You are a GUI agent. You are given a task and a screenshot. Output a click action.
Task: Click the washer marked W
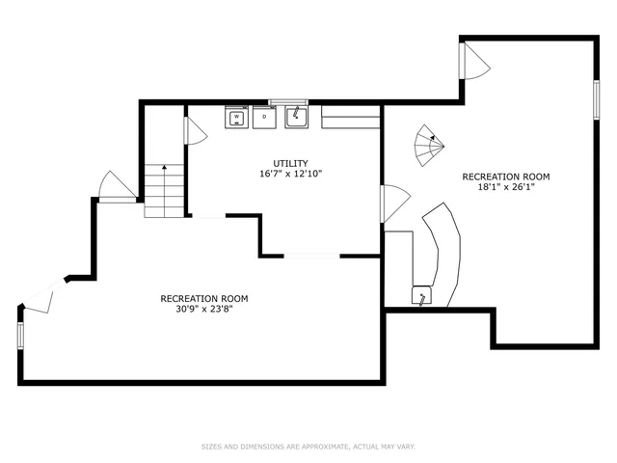click(236, 118)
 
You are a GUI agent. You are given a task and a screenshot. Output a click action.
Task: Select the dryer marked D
click(263, 118)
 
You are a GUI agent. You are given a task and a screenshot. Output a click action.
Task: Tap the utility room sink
click(295, 118)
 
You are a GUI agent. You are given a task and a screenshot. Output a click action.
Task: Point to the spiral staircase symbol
click(429, 146)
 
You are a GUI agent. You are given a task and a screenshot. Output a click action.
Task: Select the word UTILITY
click(290, 163)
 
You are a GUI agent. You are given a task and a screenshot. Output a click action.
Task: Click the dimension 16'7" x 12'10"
click(290, 175)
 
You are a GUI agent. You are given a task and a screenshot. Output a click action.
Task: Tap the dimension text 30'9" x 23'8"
click(203, 310)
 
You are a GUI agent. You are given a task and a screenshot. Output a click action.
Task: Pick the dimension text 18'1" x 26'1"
click(506, 188)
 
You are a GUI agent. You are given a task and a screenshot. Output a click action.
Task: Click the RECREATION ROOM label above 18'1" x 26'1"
click(506, 177)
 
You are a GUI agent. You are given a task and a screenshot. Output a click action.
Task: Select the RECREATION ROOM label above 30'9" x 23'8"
click(203, 298)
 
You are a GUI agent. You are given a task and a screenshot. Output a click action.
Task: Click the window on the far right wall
click(597, 97)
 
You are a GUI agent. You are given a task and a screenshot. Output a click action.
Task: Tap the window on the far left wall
click(19, 335)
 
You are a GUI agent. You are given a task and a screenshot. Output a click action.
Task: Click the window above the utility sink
click(287, 100)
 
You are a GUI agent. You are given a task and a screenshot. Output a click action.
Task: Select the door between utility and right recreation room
click(393, 203)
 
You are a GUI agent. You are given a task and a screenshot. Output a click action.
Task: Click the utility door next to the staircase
click(193, 129)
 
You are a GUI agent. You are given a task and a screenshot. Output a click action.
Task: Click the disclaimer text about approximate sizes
click(308, 447)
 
